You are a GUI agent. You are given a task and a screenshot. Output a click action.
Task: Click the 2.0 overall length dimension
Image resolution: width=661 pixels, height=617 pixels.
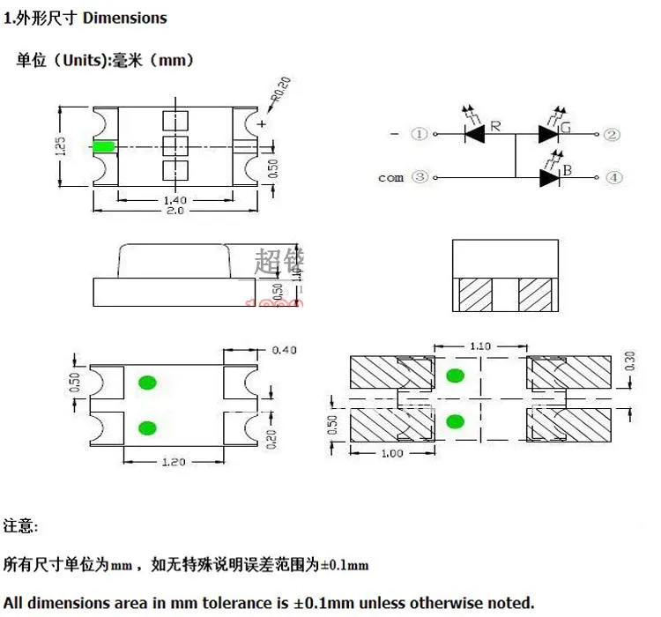tap(175, 212)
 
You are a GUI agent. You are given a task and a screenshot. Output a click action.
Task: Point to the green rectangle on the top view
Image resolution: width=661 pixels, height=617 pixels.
tap(104, 145)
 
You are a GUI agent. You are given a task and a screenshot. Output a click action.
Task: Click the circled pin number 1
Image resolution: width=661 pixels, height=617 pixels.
tap(420, 134)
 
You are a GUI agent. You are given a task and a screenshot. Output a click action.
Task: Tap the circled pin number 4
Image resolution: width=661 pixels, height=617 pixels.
tap(614, 177)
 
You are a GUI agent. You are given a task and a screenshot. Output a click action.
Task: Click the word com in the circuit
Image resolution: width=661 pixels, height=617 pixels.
tap(390, 177)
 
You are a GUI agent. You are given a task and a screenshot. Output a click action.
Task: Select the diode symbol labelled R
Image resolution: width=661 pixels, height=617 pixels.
tap(475, 134)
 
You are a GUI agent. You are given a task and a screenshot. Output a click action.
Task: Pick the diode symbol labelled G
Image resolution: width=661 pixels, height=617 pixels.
tap(547, 134)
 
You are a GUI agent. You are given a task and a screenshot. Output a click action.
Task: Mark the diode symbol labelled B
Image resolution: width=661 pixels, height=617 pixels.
tap(548, 177)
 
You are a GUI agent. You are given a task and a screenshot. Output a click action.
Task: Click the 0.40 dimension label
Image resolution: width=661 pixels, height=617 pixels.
tap(285, 350)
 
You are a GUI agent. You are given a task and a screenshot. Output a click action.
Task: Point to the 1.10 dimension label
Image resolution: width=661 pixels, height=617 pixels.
tap(480, 346)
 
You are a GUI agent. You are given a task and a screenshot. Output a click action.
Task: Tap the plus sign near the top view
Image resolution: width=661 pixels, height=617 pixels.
tap(261, 124)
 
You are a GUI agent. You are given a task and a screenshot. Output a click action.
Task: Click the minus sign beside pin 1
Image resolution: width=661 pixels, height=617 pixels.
tap(394, 134)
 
